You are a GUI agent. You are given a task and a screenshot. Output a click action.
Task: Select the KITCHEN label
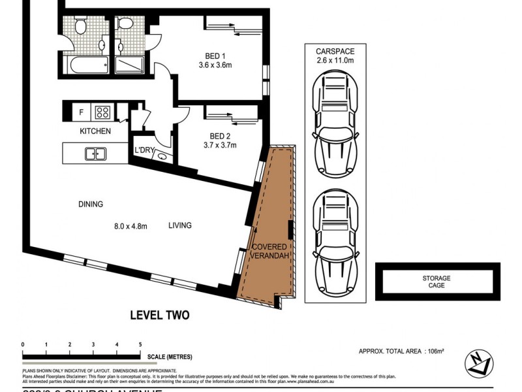(x=95, y=131)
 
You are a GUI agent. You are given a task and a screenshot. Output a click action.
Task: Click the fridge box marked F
(x=81, y=112)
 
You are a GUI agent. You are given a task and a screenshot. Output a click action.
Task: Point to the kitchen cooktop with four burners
(x=103, y=112)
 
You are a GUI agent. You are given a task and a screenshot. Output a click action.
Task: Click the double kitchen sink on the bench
(x=97, y=154)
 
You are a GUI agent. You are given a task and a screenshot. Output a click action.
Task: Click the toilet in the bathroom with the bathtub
(x=80, y=25)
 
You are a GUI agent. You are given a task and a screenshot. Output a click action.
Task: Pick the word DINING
(x=91, y=204)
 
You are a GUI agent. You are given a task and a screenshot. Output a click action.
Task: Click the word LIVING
(x=179, y=225)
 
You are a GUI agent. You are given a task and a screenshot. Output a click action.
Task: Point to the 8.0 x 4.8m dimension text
(x=131, y=226)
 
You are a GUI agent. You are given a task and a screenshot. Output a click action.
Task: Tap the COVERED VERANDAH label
(x=269, y=251)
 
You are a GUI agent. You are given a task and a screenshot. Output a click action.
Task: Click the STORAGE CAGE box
(x=436, y=282)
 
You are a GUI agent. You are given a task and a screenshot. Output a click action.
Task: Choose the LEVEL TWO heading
(x=160, y=316)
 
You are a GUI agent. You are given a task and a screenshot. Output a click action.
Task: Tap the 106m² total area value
(x=435, y=351)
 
